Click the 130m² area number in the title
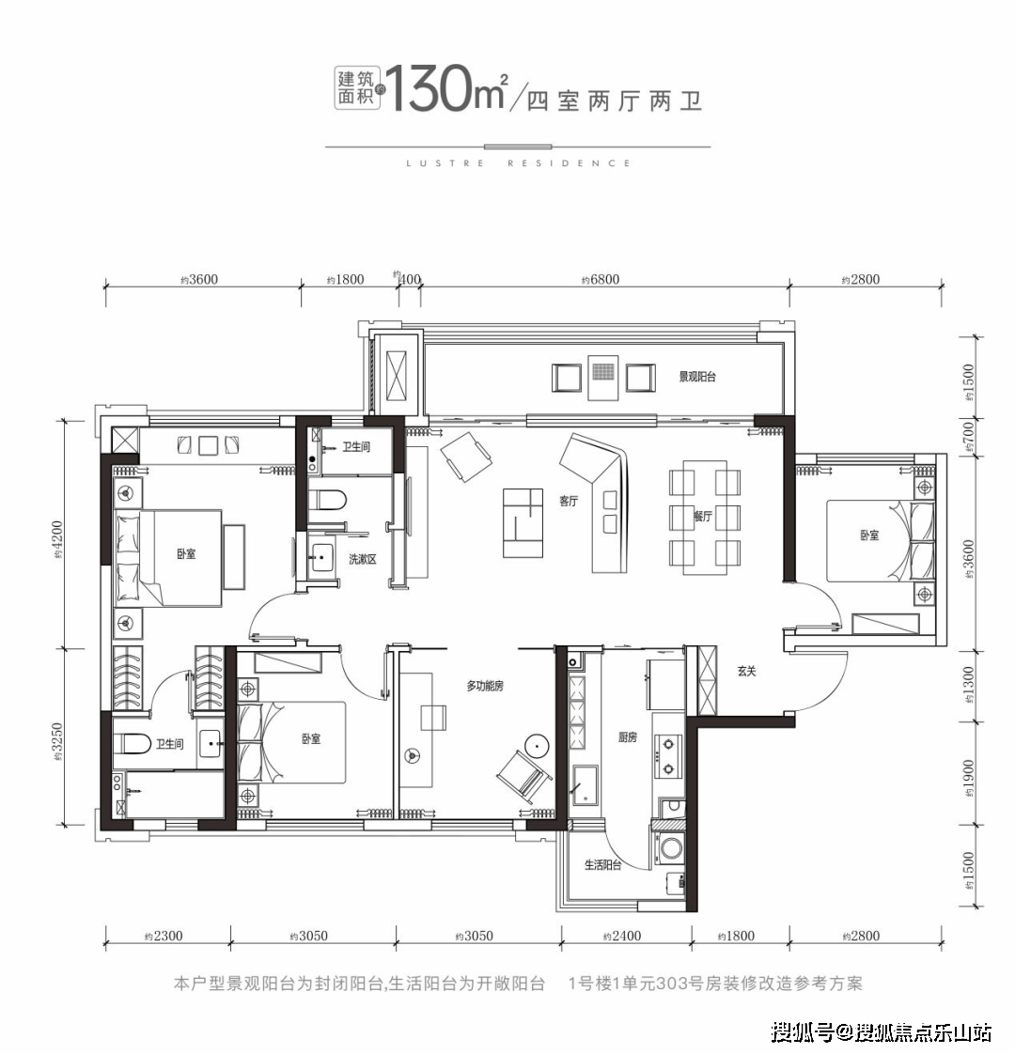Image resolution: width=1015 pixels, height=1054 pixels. [x=446, y=89]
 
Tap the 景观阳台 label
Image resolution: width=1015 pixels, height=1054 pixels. [x=697, y=377]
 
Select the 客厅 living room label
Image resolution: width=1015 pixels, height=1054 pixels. [x=568, y=502]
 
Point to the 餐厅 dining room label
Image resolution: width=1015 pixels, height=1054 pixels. [x=702, y=516]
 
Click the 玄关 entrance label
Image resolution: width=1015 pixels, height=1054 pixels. [x=746, y=671]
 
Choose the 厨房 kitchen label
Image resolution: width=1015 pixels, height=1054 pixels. [x=627, y=737]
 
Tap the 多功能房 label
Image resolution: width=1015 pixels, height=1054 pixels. [x=485, y=686]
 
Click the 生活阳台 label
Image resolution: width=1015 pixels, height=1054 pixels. [x=602, y=864]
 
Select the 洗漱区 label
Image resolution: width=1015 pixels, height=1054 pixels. [x=362, y=559]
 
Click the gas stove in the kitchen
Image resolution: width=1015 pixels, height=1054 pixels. [x=668, y=756]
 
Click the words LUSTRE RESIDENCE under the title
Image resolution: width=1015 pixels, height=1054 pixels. [x=518, y=163]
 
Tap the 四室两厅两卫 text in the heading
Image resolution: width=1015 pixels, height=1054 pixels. [x=615, y=101]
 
